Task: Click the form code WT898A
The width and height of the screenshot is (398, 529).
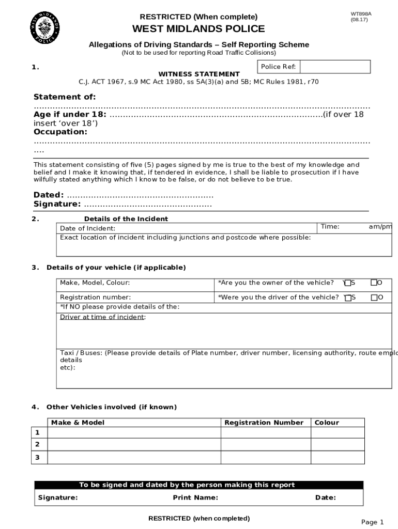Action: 361,13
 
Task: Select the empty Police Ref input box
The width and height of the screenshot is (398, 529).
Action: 335,67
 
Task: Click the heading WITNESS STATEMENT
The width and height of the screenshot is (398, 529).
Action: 198,74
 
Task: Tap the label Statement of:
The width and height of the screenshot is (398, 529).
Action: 65,97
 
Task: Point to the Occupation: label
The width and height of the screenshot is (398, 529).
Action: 60,132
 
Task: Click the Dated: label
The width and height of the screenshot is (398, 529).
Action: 49,195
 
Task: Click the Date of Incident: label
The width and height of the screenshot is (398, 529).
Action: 88,228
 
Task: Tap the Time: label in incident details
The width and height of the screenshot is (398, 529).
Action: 330,226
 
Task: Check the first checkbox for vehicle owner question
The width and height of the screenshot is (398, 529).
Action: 348,283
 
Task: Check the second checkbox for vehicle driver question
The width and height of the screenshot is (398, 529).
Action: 374,297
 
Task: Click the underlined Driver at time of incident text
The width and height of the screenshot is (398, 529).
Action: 103,317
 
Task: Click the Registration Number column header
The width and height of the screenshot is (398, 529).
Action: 264,423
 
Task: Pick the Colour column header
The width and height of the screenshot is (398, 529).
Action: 327,423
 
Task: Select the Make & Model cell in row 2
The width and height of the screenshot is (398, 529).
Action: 134,444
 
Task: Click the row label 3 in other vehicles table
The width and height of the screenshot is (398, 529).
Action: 37,457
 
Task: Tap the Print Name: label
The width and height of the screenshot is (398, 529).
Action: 195,497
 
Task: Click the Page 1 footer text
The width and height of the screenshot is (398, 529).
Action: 372,522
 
